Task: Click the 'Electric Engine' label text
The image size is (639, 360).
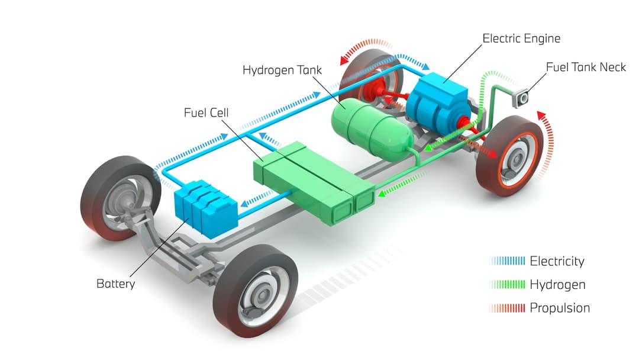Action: click(x=521, y=39)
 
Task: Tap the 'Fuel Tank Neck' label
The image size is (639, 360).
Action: click(x=585, y=67)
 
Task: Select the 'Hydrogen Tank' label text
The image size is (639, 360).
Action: click(x=282, y=70)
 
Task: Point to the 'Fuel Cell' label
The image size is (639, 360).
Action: click(x=205, y=112)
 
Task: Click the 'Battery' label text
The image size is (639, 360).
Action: click(x=115, y=284)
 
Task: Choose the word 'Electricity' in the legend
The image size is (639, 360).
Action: click(x=557, y=261)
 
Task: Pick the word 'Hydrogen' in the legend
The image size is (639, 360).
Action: click(x=557, y=285)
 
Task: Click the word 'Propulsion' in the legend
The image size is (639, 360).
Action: click(x=560, y=308)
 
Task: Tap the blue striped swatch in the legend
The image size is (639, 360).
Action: click(x=508, y=261)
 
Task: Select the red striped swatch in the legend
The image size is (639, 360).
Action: click(x=508, y=308)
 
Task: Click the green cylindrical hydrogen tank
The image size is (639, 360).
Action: click(x=370, y=127)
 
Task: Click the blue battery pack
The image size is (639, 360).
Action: click(x=205, y=208)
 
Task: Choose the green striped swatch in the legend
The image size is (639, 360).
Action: click(x=508, y=285)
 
